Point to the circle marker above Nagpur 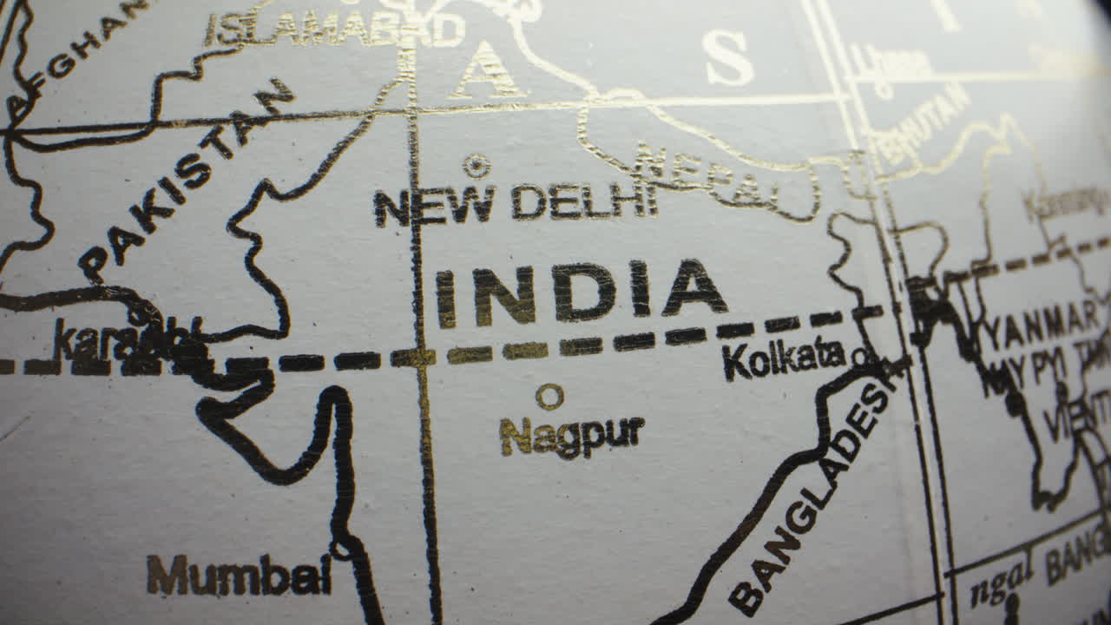(x=549, y=397)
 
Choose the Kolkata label (x=784, y=358)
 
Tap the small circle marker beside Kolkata (x=859, y=355)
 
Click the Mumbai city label (x=239, y=575)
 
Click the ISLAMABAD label (x=334, y=30)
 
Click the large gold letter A (x=487, y=71)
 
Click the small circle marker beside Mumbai (x=340, y=549)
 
